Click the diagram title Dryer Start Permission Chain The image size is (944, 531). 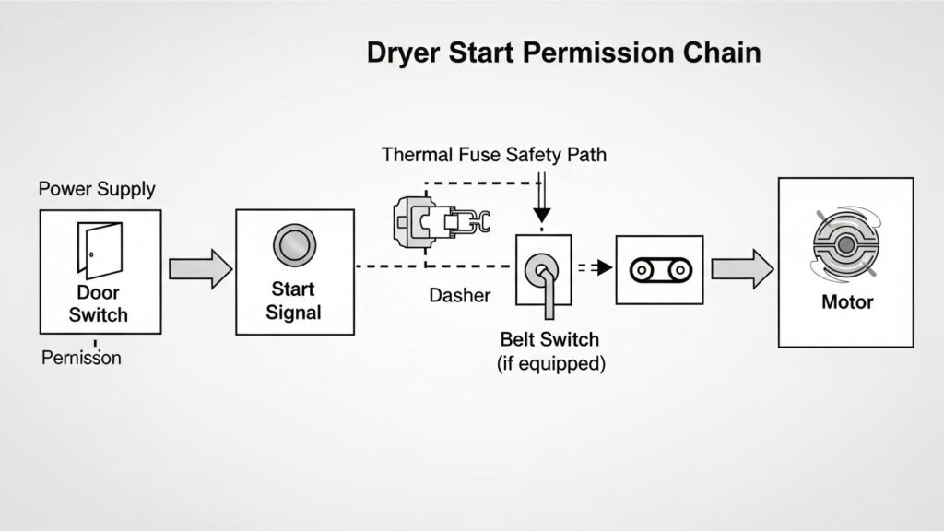pos(563,53)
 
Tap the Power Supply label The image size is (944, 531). pos(97,190)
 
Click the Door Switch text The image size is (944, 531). pos(99,304)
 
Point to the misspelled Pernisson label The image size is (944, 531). pos(81,358)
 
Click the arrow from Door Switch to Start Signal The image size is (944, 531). pos(200,268)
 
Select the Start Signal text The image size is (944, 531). pos(294,301)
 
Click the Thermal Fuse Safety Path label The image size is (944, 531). pos(494,154)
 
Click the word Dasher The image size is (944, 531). pos(460,296)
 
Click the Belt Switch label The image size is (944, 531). pos(550,339)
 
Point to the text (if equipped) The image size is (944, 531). pos(550,363)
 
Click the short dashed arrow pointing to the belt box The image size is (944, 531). pos(595,268)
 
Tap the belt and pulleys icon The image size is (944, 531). pos(659,269)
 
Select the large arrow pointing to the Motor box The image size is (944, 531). pos(742,268)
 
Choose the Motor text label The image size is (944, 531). pos(846,302)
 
